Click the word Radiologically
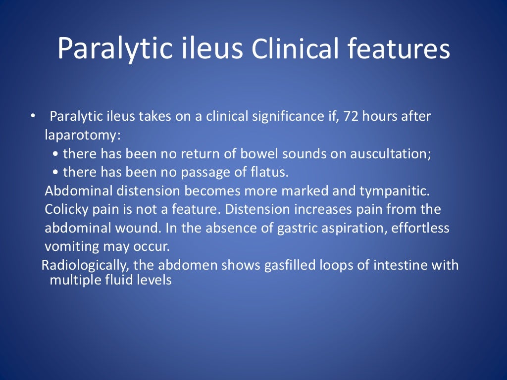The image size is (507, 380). click(x=85, y=265)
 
